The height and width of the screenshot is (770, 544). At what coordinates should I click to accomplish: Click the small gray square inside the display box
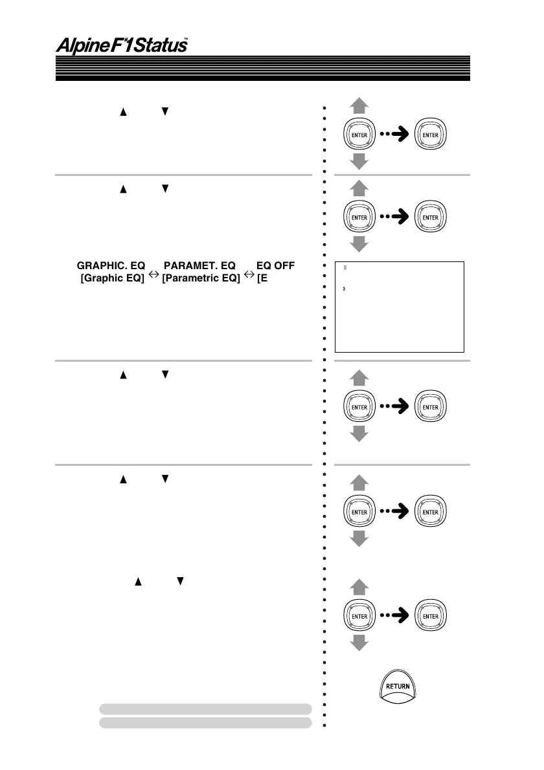click(x=345, y=267)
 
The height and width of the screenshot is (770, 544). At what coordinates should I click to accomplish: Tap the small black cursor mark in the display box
click(x=343, y=289)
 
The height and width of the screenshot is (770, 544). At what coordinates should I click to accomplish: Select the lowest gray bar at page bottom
click(x=205, y=722)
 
